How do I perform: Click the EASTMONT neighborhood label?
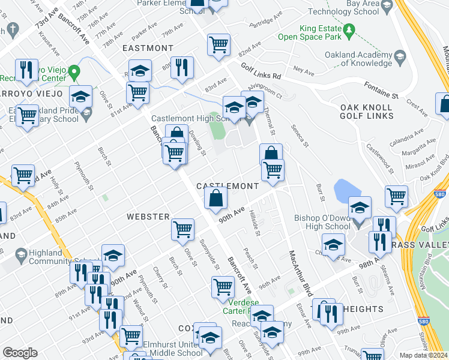pyautogui.click(x=148, y=47)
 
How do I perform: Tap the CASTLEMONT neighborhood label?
pyautogui.click(x=228, y=187)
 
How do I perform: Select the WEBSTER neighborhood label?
pyautogui.click(x=148, y=215)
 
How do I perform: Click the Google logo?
pyautogui.click(x=20, y=353)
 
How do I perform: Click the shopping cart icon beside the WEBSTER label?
pyautogui.click(x=182, y=228)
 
